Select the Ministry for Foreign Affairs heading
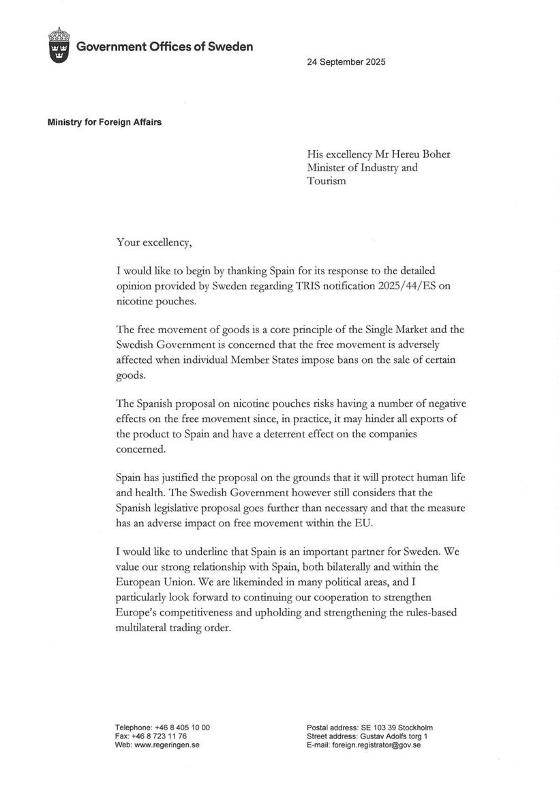pos(104,123)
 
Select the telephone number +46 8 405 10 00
pos(182,728)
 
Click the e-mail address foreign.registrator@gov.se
pos(376,745)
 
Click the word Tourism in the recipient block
pos(327,181)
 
